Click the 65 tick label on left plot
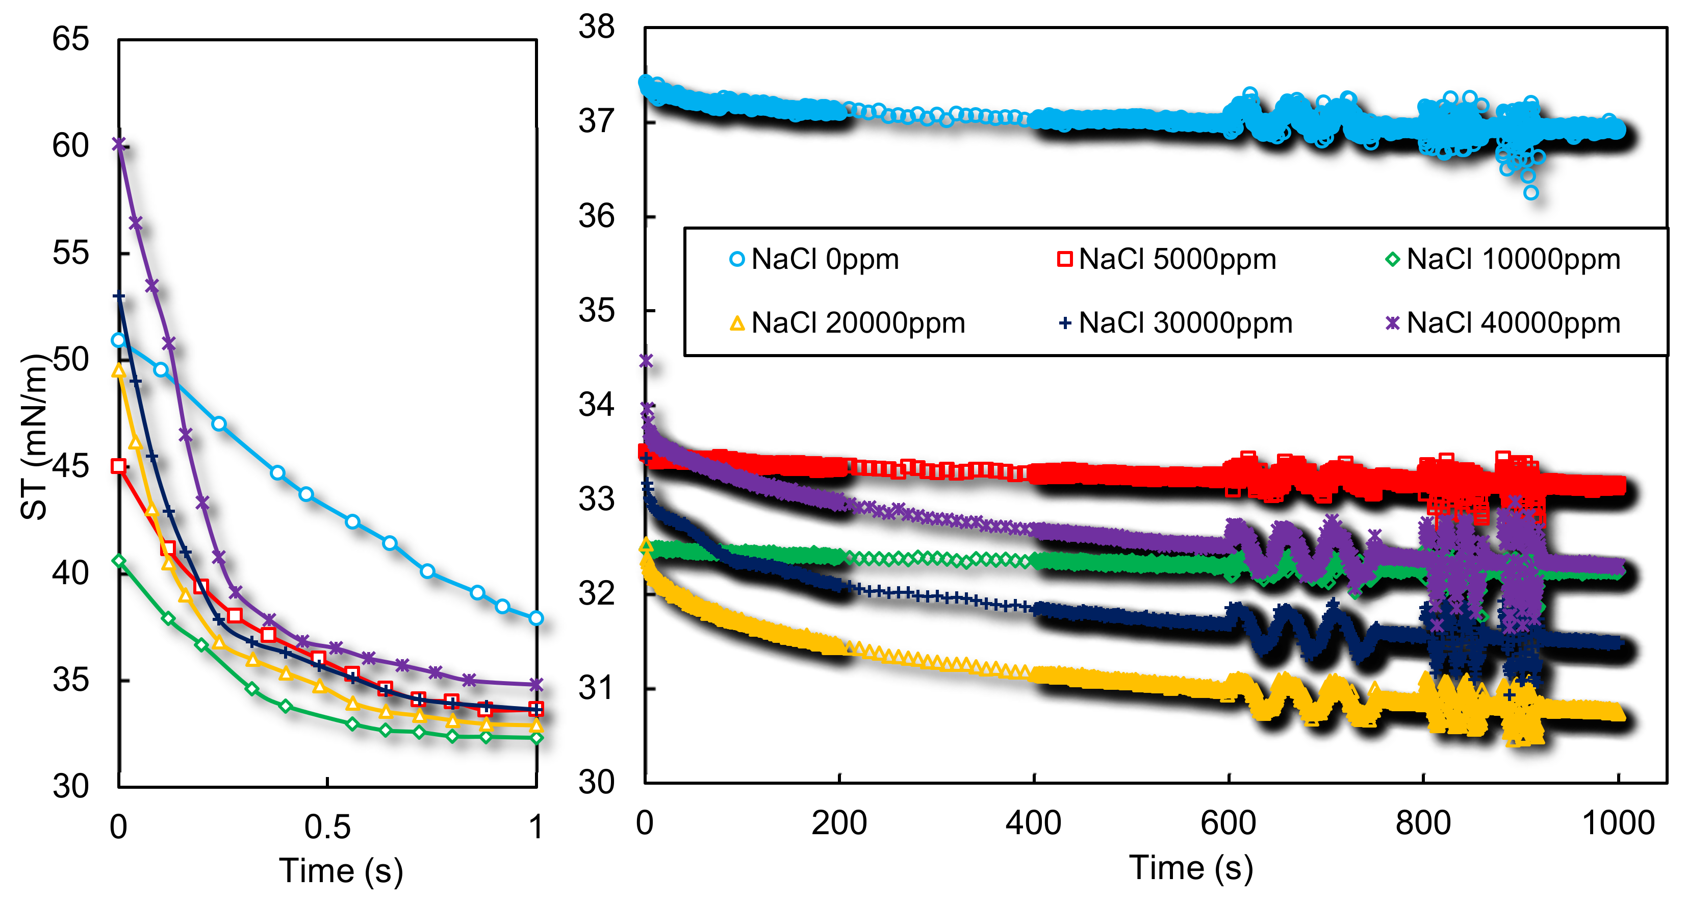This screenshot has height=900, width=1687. point(70,39)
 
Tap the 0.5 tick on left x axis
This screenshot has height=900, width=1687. point(327,827)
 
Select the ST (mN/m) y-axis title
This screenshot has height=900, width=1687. point(34,437)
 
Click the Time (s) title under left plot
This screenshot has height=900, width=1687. point(341,870)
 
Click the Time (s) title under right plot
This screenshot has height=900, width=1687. point(1191,868)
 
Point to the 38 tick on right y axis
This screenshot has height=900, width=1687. point(596,28)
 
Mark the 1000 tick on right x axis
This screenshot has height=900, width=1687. point(1618,823)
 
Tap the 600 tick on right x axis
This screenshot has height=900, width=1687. point(1228,823)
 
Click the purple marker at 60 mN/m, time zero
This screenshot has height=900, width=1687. point(118,143)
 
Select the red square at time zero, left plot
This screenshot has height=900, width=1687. point(118,466)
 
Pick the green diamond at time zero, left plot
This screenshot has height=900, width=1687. point(118,561)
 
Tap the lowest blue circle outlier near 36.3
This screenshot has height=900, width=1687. point(1530,192)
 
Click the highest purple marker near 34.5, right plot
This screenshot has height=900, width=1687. point(646,361)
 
